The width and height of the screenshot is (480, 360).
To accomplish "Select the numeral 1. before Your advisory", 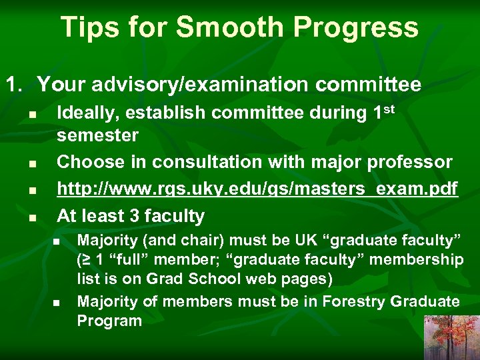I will [x=15, y=85].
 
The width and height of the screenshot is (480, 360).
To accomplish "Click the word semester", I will [x=97, y=136].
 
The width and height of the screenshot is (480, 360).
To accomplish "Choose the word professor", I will [x=411, y=163].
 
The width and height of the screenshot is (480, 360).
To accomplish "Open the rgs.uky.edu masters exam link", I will [x=257, y=190].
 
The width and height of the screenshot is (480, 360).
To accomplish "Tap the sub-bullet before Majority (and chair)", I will [x=57, y=241].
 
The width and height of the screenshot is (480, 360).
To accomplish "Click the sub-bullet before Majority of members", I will [x=57, y=303].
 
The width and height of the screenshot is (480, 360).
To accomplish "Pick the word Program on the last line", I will [x=109, y=321].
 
